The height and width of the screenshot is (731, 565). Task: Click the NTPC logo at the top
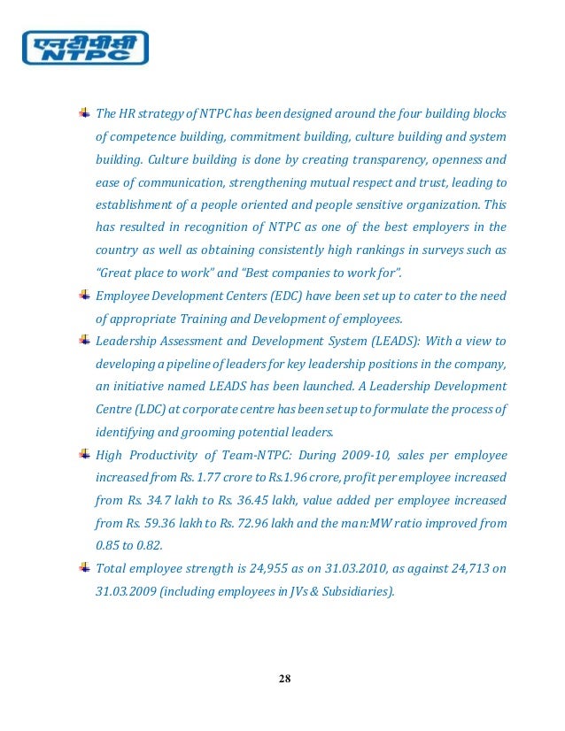(84, 48)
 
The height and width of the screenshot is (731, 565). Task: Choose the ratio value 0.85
(108, 545)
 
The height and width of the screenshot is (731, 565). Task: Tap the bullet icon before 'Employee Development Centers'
(84, 295)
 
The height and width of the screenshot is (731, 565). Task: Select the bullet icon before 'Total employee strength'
(84, 566)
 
